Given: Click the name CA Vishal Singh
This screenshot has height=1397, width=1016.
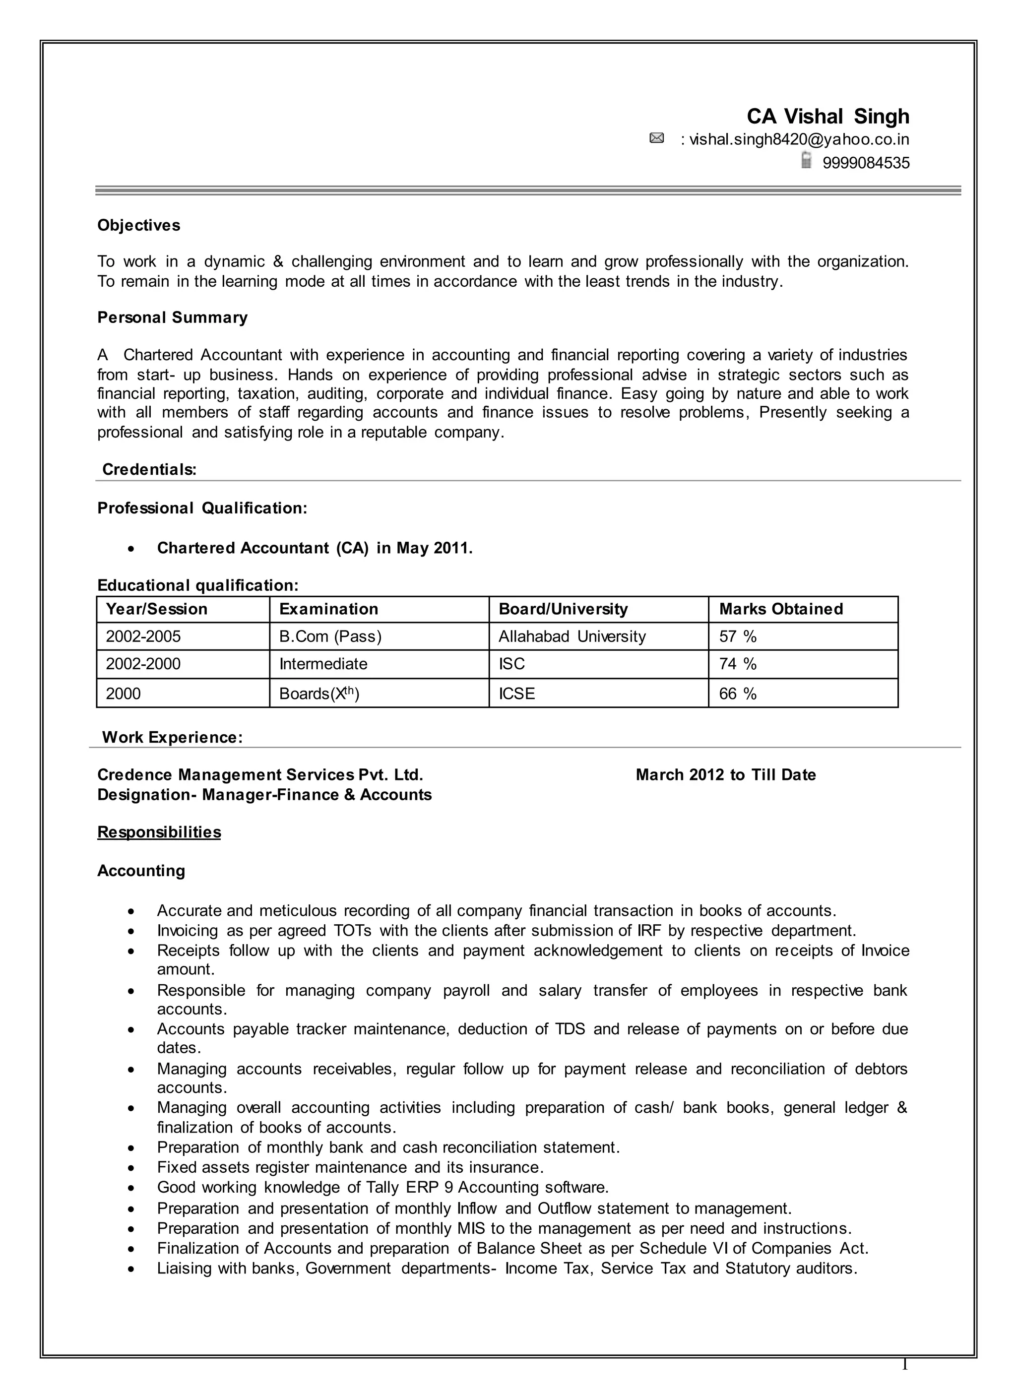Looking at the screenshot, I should (827, 117).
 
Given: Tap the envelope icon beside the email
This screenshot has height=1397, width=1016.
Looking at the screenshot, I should (657, 138).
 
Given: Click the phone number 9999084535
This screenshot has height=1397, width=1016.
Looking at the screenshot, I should (866, 163).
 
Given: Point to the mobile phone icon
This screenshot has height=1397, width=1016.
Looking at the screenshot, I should (806, 161).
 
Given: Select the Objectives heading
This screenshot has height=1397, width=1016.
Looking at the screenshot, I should (138, 225).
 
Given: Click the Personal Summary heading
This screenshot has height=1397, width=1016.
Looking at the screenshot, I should (173, 318).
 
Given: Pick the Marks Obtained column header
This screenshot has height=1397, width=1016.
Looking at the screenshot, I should (781, 609).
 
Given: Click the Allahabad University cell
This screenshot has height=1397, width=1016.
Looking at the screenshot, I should (572, 636).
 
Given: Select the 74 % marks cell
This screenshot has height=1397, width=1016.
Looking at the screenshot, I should (738, 664).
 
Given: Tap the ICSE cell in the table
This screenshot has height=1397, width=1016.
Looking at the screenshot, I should (516, 694).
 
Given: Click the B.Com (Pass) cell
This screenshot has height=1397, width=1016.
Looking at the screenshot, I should (330, 636).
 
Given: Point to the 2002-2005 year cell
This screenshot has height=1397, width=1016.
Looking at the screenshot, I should (143, 636).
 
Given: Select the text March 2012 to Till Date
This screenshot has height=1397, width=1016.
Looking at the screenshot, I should (725, 775).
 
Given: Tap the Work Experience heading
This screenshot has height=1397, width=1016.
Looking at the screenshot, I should (172, 737).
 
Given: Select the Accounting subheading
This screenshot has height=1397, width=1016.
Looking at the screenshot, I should (141, 871).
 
